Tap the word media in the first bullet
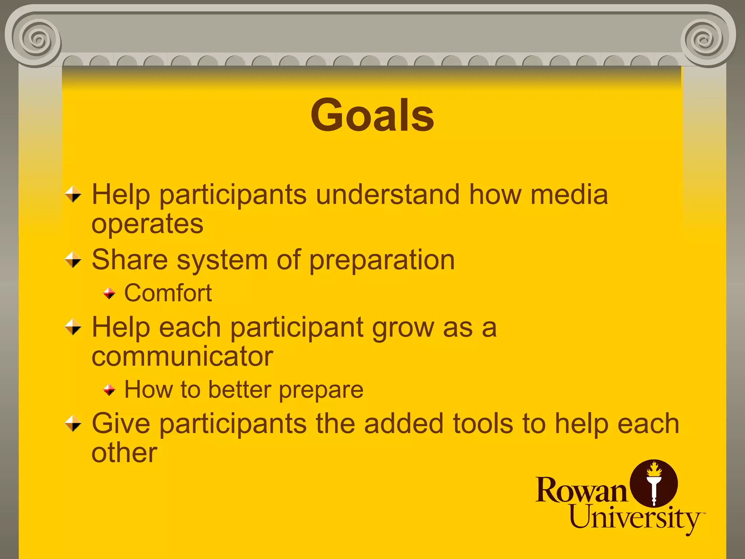[x=569, y=195]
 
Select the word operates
[x=147, y=224]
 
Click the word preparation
[x=382, y=261]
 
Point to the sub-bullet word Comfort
[x=168, y=293]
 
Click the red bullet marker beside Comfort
[x=109, y=293]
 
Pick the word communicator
[x=182, y=357]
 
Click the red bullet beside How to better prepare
[x=109, y=390]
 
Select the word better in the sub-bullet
[x=240, y=390]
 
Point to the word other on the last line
[x=124, y=453]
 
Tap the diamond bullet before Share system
[x=73, y=260]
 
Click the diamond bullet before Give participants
[x=73, y=424]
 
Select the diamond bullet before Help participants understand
[x=73, y=194]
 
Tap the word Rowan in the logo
[x=581, y=491]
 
